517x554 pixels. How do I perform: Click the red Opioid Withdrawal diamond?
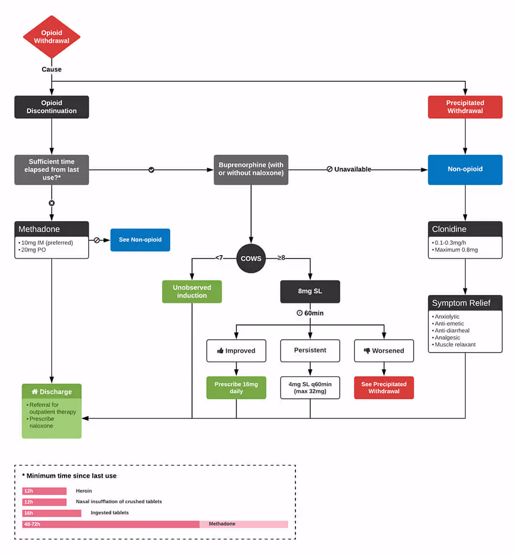pos(51,37)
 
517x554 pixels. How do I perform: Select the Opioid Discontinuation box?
pos(51,107)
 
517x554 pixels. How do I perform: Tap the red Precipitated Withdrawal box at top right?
pos(465,107)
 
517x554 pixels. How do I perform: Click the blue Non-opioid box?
pos(465,170)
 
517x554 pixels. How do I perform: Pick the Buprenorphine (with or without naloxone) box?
pos(251,170)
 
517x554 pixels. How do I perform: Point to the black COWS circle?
pos(251,259)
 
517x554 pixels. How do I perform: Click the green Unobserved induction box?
pos(192,291)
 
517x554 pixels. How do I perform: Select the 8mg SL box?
pos(310,291)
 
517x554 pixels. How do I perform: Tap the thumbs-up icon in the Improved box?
pos(220,351)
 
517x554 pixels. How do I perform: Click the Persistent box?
pos(310,350)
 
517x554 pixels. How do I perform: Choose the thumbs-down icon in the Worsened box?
pos(367,351)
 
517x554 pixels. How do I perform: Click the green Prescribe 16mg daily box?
pos(236,388)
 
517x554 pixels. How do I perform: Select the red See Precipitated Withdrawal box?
pos(384,388)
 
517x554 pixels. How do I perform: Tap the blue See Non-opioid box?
pos(140,240)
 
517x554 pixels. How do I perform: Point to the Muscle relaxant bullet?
pos(455,345)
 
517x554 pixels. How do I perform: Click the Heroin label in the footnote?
pos(84,491)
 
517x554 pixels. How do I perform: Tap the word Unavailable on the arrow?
pos(352,170)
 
